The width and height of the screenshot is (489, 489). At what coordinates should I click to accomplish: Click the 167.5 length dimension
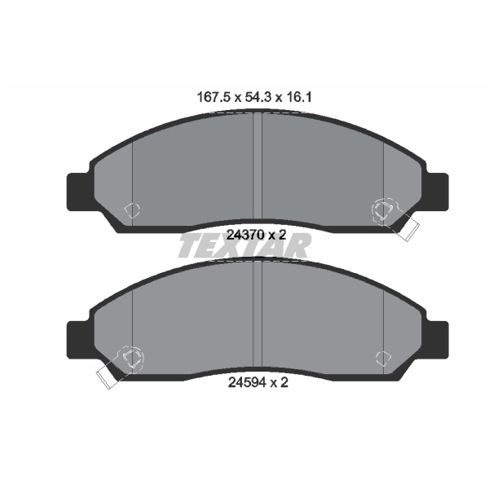tap(214, 98)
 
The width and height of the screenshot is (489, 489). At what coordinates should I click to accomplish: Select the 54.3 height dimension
tap(258, 98)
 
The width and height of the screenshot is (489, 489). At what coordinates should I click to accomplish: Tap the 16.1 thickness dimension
tap(299, 98)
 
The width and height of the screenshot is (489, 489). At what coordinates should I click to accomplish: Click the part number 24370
tap(245, 235)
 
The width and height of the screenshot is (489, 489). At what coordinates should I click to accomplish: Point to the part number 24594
tap(247, 382)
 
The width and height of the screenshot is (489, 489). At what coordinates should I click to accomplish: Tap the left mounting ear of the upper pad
tap(80, 192)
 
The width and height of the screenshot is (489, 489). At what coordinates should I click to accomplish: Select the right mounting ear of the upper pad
tap(437, 192)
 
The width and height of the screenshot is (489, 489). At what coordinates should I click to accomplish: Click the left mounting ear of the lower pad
tap(80, 340)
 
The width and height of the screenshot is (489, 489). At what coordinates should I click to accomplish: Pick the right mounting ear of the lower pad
tap(437, 340)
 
